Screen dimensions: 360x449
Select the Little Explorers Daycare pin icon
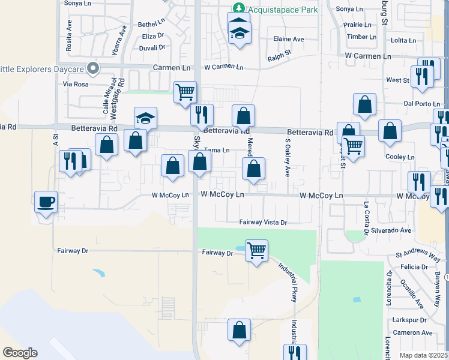tap(92, 68)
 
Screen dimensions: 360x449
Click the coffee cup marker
tap(46, 202)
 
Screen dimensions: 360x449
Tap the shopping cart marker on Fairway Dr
tap(256, 250)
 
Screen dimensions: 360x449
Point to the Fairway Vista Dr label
tap(264, 222)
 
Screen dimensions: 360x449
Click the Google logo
tap(20, 353)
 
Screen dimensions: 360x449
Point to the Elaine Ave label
tap(289, 39)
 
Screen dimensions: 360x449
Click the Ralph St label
tap(279, 56)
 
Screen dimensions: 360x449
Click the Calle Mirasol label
tap(106, 97)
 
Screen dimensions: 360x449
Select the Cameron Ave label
tap(412, 332)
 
